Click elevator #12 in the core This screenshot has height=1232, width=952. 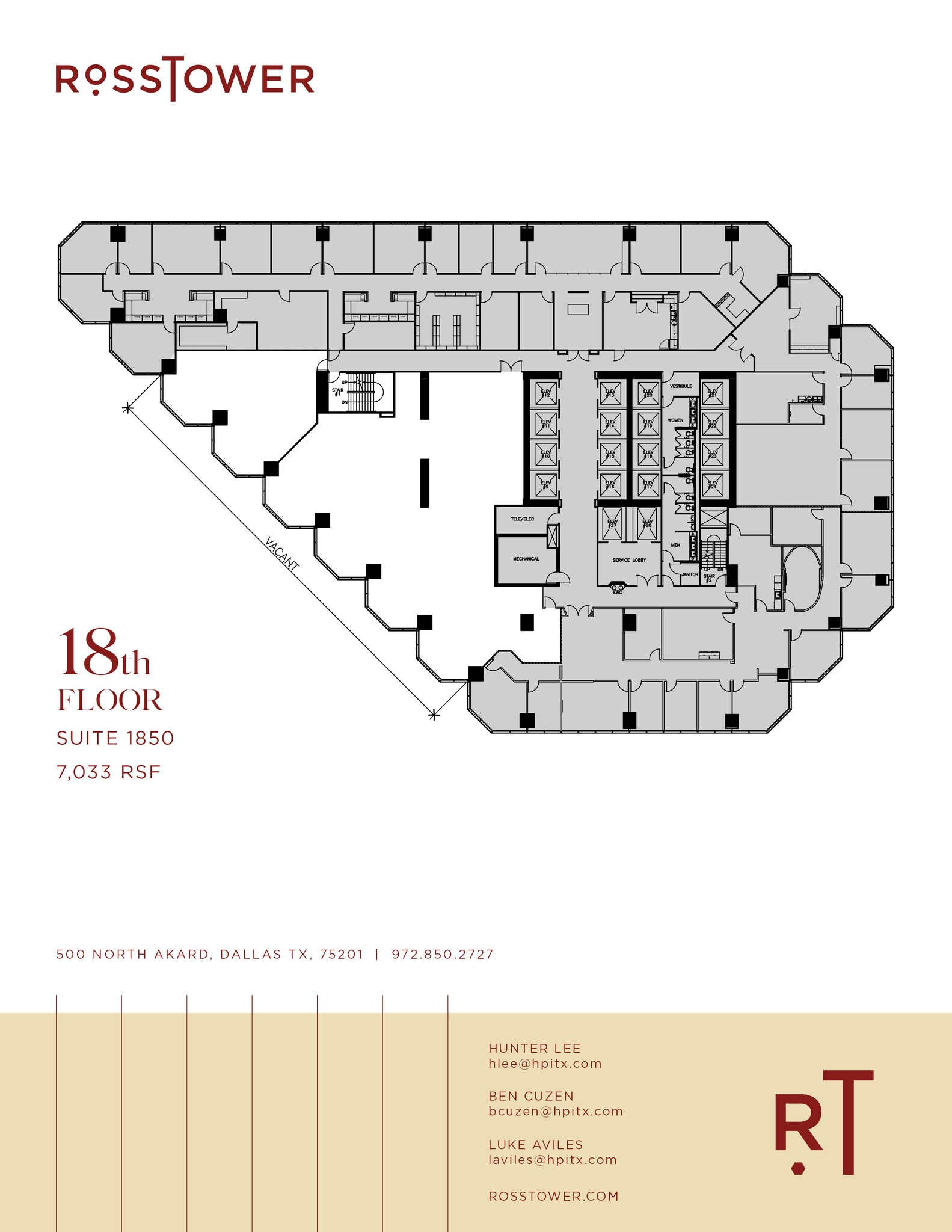click(x=546, y=394)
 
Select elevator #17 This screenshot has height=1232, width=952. click(x=648, y=484)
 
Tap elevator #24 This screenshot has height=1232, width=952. click(x=713, y=484)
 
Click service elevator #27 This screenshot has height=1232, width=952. click(x=612, y=523)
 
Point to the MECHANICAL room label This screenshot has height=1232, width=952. click(x=526, y=559)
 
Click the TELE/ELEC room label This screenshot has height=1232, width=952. click(x=522, y=519)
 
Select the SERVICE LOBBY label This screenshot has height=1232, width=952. click(x=629, y=560)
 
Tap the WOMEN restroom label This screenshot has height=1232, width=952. click(x=675, y=420)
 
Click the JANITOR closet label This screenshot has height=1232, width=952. click(x=689, y=575)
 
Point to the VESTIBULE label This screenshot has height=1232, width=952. click(x=681, y=386)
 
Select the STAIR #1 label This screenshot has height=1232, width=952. click(x=337, y=392)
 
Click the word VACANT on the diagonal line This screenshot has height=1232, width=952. click(x=281, y=554)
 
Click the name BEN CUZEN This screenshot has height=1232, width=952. click(x=531, y=1096)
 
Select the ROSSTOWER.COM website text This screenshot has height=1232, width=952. click(x=553, y=1196)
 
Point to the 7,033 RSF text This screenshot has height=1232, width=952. click(x=109, y=772)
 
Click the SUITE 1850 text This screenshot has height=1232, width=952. click(x=115, y=738)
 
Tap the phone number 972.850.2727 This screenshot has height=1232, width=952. click(x=442, y=954)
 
